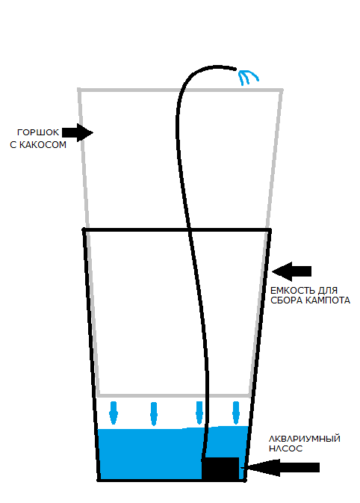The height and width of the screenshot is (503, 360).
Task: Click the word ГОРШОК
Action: point(38,132)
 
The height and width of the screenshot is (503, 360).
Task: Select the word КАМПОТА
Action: point(328,300)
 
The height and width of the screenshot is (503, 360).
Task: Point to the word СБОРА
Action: point(287,300)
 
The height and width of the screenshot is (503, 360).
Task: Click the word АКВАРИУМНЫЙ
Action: point(304,439)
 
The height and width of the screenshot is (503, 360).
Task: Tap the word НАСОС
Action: point(285,448)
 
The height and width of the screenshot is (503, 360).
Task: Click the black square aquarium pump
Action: point(220,469)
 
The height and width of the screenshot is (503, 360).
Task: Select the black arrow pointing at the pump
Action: point(281,468)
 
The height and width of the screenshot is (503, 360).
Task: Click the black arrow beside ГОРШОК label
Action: point(77,132)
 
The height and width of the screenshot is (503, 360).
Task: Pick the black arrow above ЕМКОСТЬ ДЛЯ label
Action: point(291,271)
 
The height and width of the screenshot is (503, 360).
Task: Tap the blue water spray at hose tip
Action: point(249,77)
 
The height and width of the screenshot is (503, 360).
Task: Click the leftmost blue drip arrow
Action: point(114,413)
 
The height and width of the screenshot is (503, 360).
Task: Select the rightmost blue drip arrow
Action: point(236,413)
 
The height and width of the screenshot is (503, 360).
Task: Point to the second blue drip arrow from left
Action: point(154,414)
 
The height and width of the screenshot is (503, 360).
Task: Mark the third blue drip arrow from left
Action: point(199,413)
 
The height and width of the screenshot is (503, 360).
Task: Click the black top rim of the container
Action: point(176,230)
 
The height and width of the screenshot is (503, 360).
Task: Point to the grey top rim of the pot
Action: point(180,90)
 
